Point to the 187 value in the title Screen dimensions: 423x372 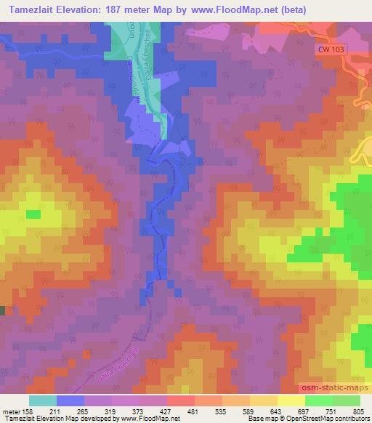tap(118, 10)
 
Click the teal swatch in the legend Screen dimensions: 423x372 tap(43, 400)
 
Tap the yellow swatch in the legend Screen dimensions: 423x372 tap(291, 400)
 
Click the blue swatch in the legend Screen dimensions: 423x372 tap(70, 400)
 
